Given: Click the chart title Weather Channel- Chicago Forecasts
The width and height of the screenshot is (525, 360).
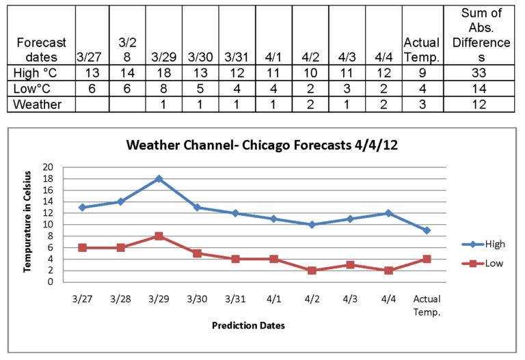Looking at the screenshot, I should tap(262, 146).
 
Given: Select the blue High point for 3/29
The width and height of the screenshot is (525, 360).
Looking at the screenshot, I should tap(159, 178).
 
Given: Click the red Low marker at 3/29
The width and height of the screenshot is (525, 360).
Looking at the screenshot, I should tap(159, 236).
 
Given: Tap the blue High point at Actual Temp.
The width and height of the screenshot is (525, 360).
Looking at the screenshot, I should tap(427, 230).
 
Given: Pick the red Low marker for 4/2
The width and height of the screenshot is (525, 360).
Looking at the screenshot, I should tap(312, 271).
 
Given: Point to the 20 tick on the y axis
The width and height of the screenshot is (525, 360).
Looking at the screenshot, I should tap(48, 167).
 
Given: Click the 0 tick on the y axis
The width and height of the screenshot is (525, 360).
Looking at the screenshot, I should tap(51, 281).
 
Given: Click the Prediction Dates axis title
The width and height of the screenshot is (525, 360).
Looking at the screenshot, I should tap(249, 326).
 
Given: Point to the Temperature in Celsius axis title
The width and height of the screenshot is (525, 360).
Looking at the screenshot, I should tap(28, 224).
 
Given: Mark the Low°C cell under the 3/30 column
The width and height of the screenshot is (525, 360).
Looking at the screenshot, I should tap(200, 89).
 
